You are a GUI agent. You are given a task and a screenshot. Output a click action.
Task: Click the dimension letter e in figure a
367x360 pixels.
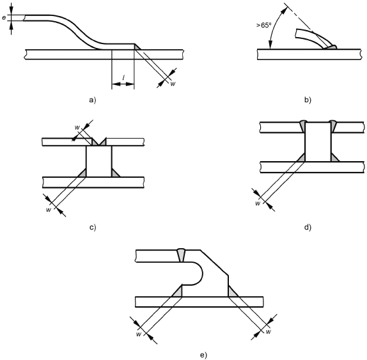pyautogui.click(x=4, y=17)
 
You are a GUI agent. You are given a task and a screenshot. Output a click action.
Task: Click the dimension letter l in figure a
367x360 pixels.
pyautogui.click(x=123, y=78)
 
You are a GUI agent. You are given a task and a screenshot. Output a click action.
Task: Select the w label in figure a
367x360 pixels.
pyautogui.click(x=173, y=84)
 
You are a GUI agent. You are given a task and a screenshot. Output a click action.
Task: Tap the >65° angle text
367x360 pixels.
pyautogui.click(x=263, y=26)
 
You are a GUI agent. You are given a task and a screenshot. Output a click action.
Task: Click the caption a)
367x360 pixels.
pyautogui.click(x=93, y=100)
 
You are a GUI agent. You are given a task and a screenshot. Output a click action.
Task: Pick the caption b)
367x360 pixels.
pyautogui.click(x=308, y=100)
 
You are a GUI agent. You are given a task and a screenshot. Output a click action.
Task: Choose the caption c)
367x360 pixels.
pyautogui.click(x=93, y=227)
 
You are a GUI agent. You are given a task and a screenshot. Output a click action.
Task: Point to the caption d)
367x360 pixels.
pyautogui.click(x=308, y=227)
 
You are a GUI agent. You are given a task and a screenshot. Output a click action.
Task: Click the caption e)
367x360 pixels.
pyautogui.click(x=203, y=355)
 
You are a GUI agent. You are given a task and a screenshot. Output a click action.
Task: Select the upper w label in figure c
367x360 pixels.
pyautogui.click(x=77, y=128)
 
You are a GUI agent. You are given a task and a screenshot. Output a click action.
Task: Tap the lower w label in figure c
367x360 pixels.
pyautogui.click(x=49, y=210)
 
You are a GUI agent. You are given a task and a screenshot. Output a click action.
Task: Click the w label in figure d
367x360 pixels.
pyautogui.click(x=258, y=203)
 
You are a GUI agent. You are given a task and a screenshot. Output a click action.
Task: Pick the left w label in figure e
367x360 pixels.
pyautogui.click(x=139, y=334)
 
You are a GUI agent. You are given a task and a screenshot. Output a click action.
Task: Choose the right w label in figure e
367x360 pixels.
pyautogui.click(x=269, y=331)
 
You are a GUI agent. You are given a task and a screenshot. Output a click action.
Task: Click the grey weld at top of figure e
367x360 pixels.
pyautogui.click(x=181, y=255)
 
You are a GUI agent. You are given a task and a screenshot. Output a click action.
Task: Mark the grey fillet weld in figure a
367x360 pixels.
pyautogui.click(x=137, y=47)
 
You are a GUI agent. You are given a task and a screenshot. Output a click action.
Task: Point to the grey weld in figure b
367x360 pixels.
pyautogui.click(x=331, y=47)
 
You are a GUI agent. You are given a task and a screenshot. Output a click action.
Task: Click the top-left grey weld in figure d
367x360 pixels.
pyautogui.click(x=302, y=126)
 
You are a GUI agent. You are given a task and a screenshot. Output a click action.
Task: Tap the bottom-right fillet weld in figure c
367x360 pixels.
pyautogui.click(x=115, y=173)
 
